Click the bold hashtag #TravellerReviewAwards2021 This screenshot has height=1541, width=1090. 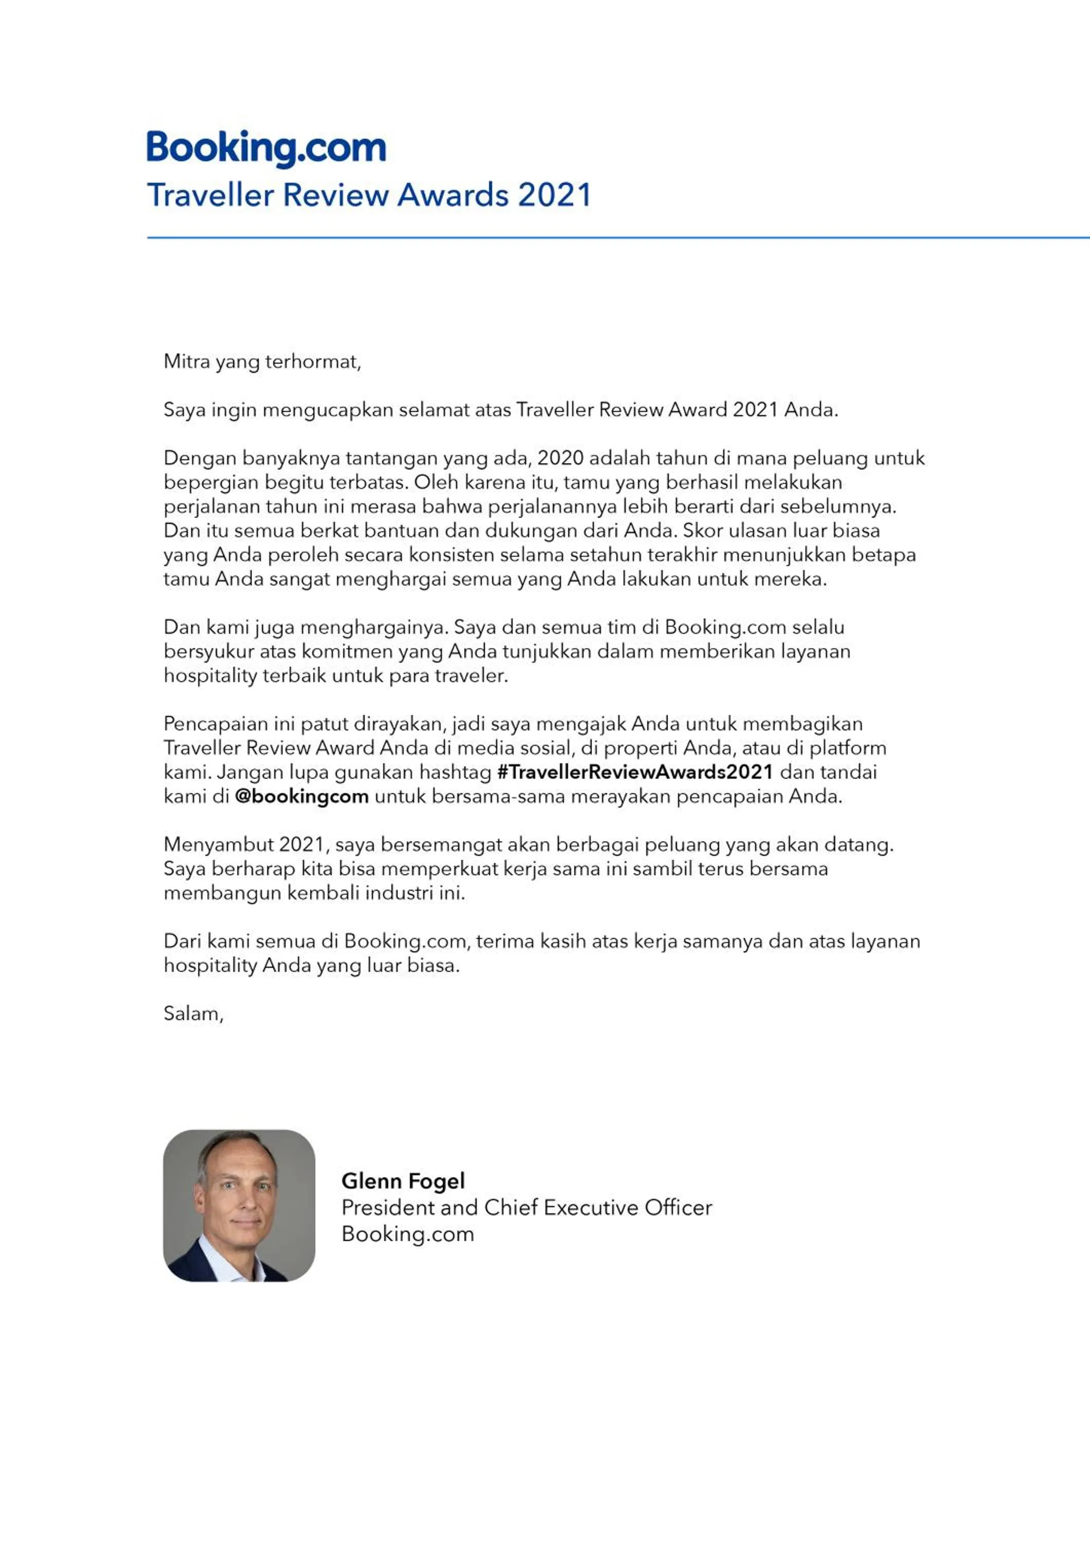(635, 772)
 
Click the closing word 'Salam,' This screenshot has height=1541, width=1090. (193, 1013)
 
